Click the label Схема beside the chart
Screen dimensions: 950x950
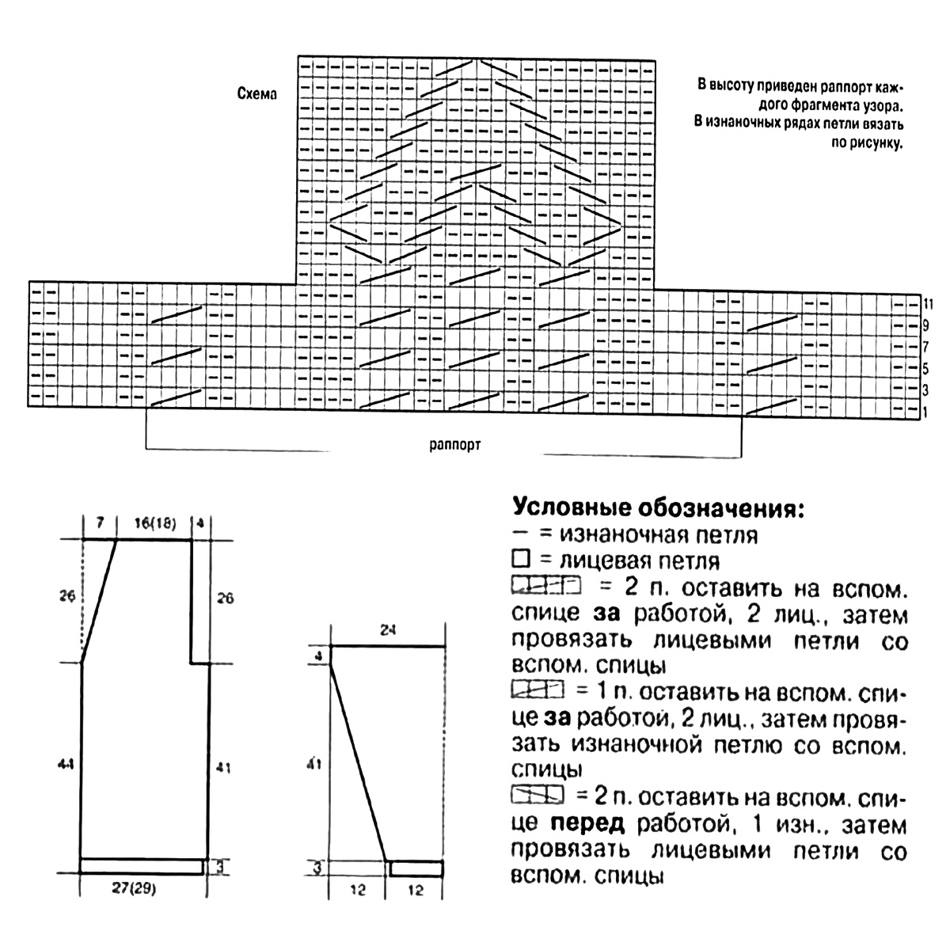[257, 93]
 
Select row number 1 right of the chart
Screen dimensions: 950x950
[925, 412]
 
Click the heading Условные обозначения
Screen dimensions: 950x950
[658, 507]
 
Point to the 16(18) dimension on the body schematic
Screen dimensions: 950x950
[155, 523]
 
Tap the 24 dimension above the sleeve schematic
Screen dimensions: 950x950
[388, 631]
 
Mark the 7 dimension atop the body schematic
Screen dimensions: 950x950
[99, 523]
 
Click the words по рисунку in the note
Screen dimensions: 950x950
[869, 144]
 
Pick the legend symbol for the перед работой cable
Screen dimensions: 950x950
[538, 794]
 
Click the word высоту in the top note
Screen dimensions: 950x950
[739, 85]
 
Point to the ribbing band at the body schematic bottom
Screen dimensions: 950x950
[142, 866]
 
